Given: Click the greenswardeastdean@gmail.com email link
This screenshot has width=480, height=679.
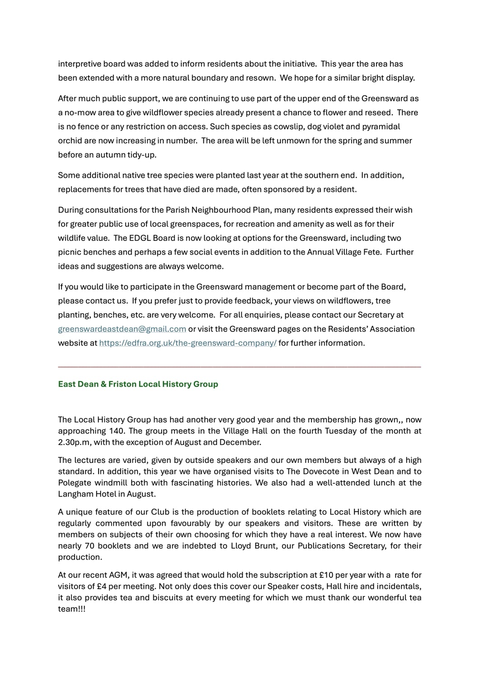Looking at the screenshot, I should pos(122,329).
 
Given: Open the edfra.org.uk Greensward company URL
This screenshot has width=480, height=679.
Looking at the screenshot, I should pos(188,343).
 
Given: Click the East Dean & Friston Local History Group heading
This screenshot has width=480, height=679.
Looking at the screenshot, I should pos(138,384).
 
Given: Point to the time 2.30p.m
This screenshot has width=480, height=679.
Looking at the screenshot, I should pos(75,442).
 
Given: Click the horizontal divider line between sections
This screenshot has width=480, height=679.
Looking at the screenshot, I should pos(240,367).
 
